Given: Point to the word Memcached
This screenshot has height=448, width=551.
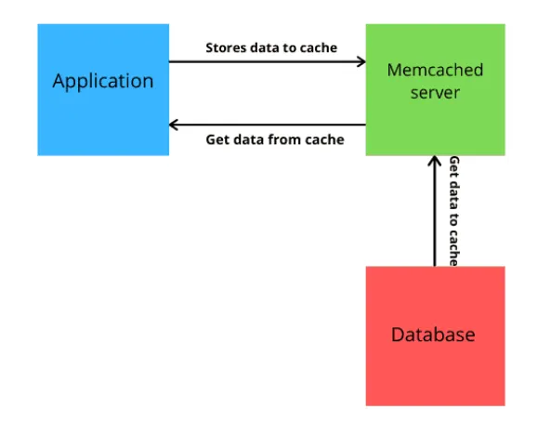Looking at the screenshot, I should tap(435, 71).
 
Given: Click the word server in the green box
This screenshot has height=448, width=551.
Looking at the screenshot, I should tap(435, 93).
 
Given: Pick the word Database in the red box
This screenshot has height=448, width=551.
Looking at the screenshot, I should tap(433, 335).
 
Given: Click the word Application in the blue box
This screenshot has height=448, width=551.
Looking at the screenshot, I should tap(103, 81).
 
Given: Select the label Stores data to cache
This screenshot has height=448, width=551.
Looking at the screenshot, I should tap(270, 47).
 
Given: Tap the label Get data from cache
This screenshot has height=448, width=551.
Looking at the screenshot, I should tap(274, 140).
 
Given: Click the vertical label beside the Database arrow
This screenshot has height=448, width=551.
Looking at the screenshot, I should tap(454, 211).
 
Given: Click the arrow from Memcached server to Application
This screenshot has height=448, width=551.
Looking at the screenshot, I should tap(269, 125).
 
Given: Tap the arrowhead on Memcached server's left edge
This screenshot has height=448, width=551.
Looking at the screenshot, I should tap(361, 62).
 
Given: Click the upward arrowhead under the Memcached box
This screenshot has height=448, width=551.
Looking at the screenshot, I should tap(434, 161).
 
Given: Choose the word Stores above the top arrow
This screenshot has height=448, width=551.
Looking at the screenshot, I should tap(224, 47).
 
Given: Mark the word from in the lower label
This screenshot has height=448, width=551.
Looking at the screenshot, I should tap(283, 140).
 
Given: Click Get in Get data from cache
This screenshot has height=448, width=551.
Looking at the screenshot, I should tap(216, 140).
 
